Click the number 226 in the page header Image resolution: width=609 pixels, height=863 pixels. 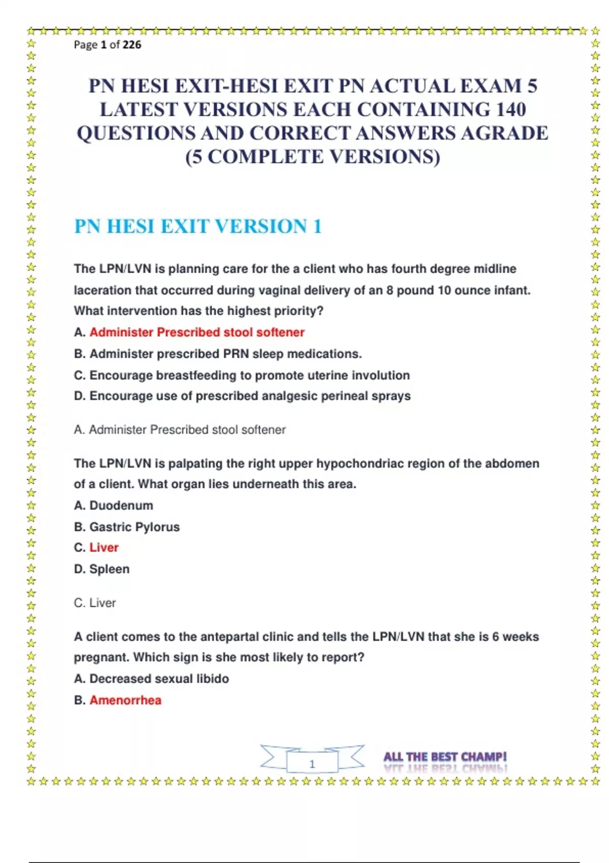[x=132, y=45]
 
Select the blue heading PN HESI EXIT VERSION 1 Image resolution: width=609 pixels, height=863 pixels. [x=198, y=226]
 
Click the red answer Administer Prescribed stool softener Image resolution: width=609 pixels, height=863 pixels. [x=197, y=333]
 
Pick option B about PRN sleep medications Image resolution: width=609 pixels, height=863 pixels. [x=218, y=354]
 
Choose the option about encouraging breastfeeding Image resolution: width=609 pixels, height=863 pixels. [x=242, y=376]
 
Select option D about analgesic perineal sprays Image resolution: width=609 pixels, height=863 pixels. [x=242, y=396]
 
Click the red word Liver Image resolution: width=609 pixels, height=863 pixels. [x=104, y=548]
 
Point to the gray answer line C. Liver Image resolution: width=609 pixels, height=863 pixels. [x=95, y=603]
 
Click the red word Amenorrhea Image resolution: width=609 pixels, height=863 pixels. [x=125, y=701]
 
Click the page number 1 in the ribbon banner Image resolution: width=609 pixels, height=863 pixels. [x=312, y=764]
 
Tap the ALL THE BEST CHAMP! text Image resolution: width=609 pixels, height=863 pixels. [x=445, y=757]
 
